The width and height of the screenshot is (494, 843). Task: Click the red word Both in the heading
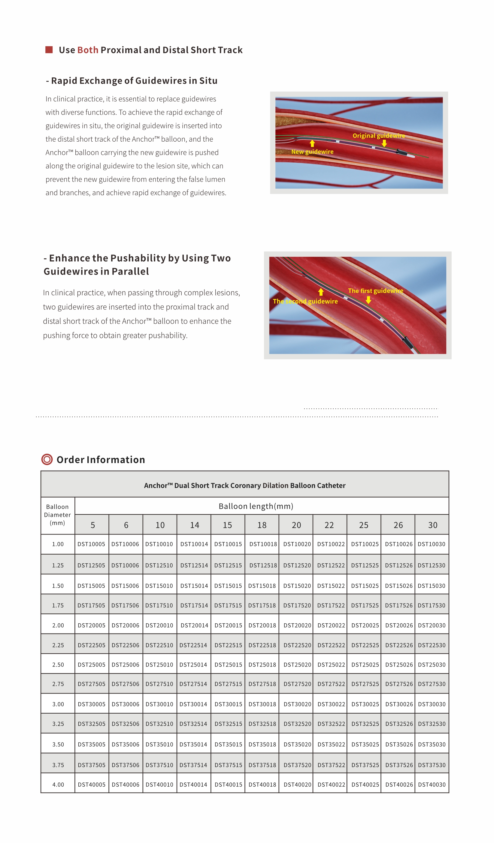tap(88, 50)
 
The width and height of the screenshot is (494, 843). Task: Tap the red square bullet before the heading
tap(49, 50)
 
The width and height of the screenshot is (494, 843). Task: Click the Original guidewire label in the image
tap(378, 135)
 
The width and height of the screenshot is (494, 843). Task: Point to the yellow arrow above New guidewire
tap(312, 143)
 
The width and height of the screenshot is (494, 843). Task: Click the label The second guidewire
tap(305, 301)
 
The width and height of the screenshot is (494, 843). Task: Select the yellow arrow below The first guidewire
tap(368, 300)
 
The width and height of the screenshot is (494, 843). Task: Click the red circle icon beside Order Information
tap(47, 460)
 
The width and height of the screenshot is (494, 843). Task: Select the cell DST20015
tap(228, 625)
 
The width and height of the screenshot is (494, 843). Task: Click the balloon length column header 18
tap(262, 525)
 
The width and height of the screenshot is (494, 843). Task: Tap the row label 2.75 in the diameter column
tap(58, 684)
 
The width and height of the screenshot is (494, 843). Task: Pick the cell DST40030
tap(432, 784)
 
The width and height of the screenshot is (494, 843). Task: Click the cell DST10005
tap(91, 544)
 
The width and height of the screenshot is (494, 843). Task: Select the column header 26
tap(398, 525)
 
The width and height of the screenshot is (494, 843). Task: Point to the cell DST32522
tap(331, 724)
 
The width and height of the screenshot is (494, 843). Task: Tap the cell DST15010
tap(159, 586)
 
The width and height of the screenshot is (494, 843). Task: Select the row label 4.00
tap(58, 784)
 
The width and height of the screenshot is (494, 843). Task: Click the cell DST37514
tap(193, 765)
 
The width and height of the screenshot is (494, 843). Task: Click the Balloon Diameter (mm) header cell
tap(58, 515)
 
